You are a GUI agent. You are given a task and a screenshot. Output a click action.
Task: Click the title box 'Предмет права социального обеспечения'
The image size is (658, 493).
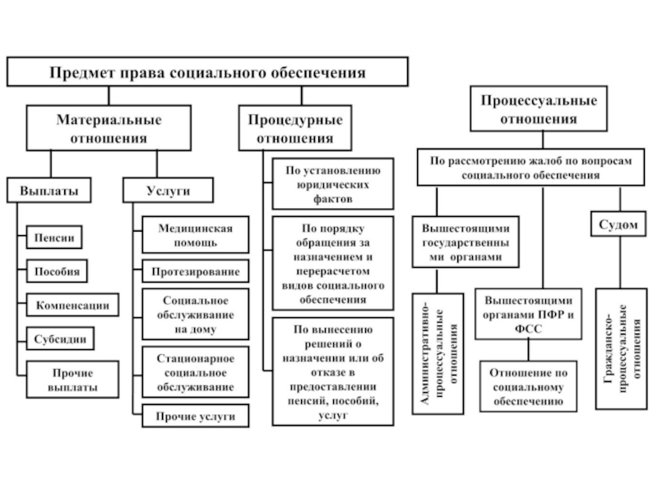207,72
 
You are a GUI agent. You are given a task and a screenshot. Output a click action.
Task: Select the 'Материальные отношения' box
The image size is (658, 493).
109,129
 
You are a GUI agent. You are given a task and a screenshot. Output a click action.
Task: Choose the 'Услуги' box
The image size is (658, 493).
169,190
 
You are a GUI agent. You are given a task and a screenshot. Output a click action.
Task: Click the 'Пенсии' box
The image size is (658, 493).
55,238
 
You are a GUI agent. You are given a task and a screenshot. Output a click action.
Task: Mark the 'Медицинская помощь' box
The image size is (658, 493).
195,235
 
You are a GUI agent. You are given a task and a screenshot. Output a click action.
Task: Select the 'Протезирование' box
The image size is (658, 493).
196,271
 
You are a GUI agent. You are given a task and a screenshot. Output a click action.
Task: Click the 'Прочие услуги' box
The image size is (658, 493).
196,417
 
